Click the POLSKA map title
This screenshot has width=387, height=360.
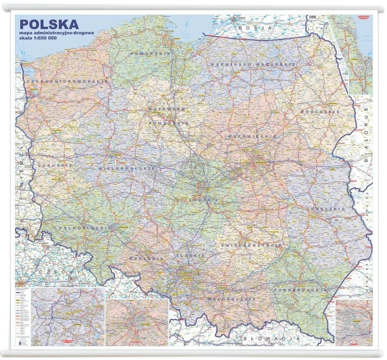[x=49, y=24]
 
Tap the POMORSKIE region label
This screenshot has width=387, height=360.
[x=151, y=53]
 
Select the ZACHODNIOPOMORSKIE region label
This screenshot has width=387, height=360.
[x=67, y=82]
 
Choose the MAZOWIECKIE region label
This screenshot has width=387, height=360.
[x=252, y=136]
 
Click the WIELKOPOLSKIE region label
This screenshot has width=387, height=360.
[x=127, y=169]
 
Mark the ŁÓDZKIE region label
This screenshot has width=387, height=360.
[x=204, y=200]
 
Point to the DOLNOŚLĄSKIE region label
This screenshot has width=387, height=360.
[x=83, y=228]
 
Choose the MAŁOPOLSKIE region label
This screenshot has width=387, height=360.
[x=231, y=299]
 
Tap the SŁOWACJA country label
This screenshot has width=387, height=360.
[x=266, y=338]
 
